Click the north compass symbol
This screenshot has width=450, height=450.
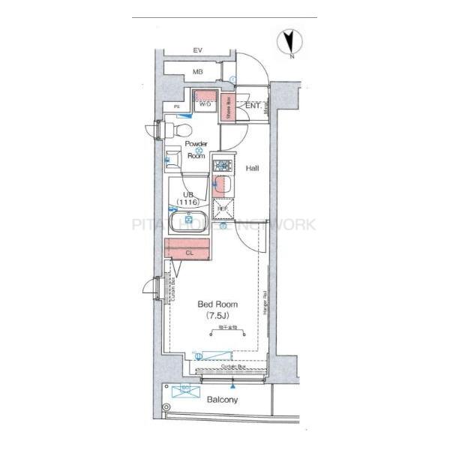[x=289, y=43]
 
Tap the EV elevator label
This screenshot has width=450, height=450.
[x=198, y=50]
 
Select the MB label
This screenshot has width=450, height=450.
[x=198, y=72]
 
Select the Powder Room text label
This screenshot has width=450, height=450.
[x=196, y=150]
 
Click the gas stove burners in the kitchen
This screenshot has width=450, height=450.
[x=223, y=164]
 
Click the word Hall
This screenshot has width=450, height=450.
[x=253, y=169]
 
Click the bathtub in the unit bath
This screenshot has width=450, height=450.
[x=188, y=221]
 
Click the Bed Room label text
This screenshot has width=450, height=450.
[x=217, y=304]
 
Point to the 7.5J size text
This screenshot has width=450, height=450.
[x=217, y=316]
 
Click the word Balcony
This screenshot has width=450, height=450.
[x=222, y=400]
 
